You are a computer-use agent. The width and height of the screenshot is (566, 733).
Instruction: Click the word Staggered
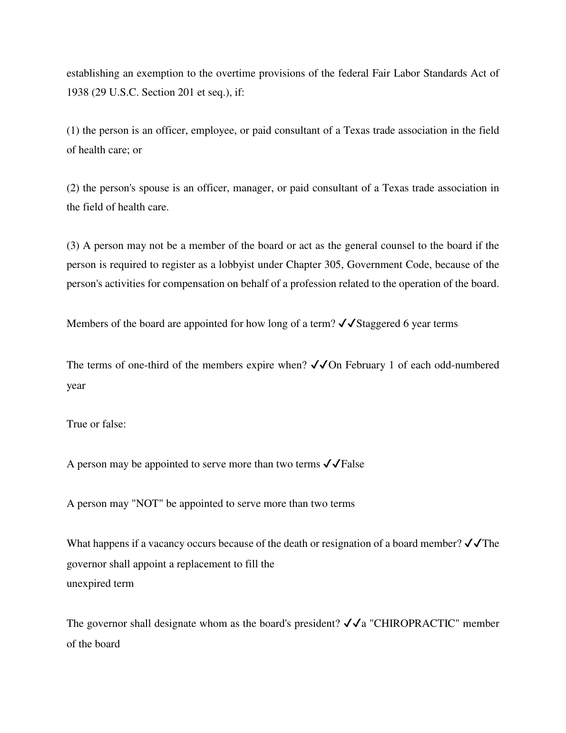pyautogui.click(x=378, y=324)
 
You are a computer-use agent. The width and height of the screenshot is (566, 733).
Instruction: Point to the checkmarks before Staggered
pyautogui.click(x=346, y=324)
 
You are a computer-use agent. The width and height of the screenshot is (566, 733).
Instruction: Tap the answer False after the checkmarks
pyautogui.click(x=352, y=464)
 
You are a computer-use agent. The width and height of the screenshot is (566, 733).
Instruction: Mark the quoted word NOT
pyautogui.click(x=147, y=504)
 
